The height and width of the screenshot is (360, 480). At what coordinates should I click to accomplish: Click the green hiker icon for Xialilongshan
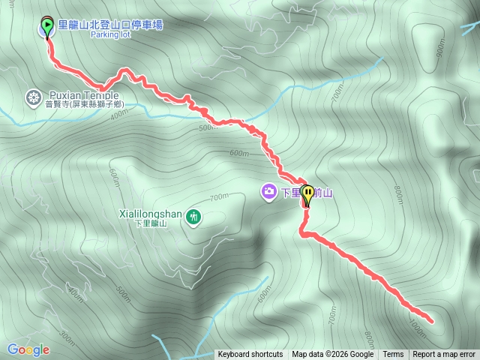[194, 217]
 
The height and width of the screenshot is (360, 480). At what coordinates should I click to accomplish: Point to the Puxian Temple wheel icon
[33, 97]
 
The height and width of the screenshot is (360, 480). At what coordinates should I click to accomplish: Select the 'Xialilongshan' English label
[150, 214]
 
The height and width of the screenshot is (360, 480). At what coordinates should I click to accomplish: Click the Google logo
[28, 349]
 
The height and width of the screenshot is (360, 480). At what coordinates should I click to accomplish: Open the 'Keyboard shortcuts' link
[250, 355]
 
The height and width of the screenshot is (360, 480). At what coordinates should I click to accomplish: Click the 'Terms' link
[393, 355]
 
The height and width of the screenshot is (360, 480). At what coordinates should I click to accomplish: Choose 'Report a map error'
[444, 355]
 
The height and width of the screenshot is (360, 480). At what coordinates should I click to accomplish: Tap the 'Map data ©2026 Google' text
[332, 355]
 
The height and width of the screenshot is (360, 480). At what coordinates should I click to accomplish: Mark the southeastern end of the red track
[431, 321]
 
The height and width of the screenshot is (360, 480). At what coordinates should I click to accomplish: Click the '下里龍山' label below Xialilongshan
[159, 223]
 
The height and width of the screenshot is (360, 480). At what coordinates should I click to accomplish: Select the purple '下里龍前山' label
[307, 193]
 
